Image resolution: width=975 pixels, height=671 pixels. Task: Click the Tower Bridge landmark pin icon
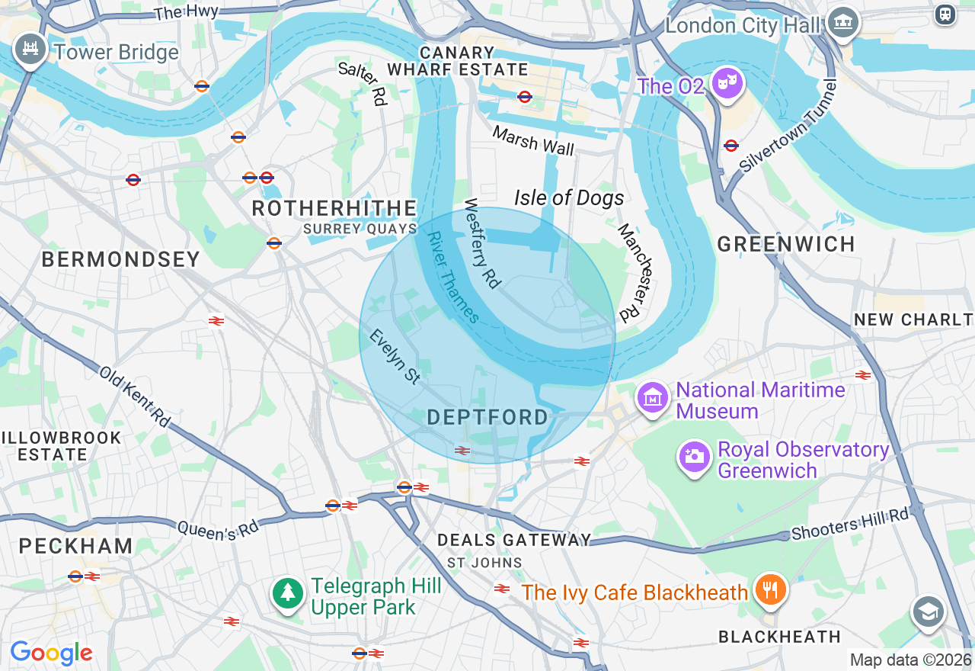pos(30,50)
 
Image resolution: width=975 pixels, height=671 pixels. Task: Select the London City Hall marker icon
pos(843,23)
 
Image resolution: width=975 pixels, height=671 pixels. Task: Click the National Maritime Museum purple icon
pos(653,398)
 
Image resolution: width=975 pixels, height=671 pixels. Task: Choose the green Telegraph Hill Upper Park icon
pos(288,593)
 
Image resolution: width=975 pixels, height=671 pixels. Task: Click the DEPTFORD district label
pos(487,417)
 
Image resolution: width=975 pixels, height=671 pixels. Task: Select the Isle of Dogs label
pos(569,198)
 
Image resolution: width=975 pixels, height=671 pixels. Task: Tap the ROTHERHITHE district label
pos(334,208)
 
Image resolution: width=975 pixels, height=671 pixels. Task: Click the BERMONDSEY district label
pos(121,259)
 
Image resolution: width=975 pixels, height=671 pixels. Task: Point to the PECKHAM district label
pos(75,546)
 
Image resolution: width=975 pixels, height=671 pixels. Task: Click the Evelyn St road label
pos(395,357)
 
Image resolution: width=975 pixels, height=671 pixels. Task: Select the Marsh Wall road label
pos(533,141)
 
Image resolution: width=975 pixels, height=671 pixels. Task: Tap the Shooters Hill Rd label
pos(850,524)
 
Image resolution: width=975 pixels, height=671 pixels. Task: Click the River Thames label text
pos(454,278)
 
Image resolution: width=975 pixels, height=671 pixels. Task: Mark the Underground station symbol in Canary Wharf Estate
pos(524,97)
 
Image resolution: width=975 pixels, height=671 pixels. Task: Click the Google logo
pos(51,653)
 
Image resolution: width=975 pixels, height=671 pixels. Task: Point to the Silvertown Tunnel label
pos(788,125)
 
